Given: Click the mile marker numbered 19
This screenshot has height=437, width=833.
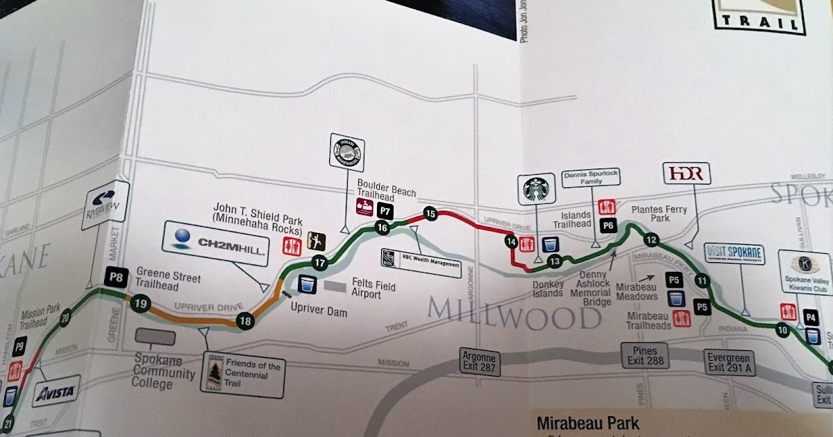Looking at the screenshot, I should [141, 302].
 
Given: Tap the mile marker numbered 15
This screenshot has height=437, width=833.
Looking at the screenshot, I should [430, 214].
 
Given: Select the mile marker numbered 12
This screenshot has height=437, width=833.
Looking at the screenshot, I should [650, 241].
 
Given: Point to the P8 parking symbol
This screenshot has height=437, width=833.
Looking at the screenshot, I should [116, 279].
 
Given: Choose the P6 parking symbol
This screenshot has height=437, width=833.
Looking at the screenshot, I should [608, 225].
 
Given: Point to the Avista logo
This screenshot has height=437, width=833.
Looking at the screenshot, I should [56, 393].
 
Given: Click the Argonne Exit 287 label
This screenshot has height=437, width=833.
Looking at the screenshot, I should [480, 362].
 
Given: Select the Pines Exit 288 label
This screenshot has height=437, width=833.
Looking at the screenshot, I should [647, 356].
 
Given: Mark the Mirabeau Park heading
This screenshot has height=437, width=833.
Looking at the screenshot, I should [587, 422].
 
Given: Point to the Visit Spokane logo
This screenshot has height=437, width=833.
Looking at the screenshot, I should [734, 254].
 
